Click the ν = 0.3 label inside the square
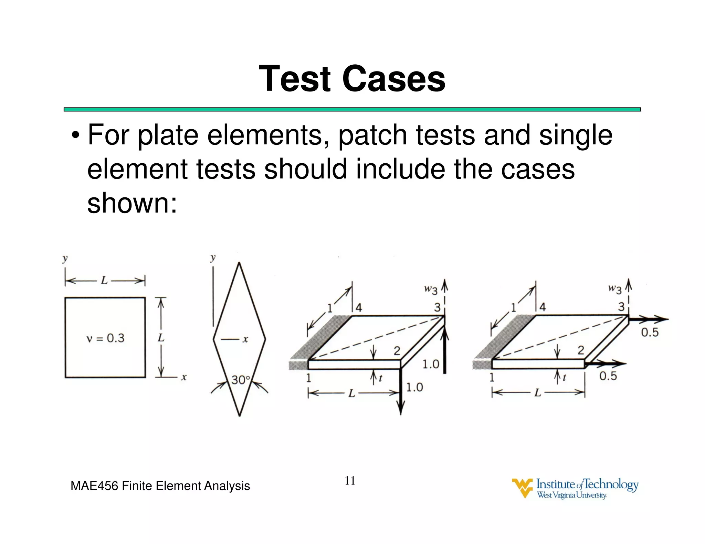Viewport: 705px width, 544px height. coord(105,338)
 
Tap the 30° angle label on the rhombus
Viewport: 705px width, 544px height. coord(241,380)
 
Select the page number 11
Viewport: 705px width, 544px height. coord(350,480)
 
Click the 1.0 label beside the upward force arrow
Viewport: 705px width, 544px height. coord(431,364)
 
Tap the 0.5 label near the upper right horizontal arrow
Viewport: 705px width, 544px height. coord(650,333)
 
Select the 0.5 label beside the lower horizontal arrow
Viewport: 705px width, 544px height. coord(608,376)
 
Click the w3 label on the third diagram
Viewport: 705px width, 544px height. coord(431,289)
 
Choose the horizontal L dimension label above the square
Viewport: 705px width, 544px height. coord(104,281)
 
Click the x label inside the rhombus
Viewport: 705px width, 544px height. coord(245,340)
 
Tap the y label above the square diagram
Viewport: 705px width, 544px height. coord(65,258)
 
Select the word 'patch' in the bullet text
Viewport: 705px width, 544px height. coord(373,135)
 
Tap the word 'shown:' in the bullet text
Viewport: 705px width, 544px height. coord(132,203)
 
